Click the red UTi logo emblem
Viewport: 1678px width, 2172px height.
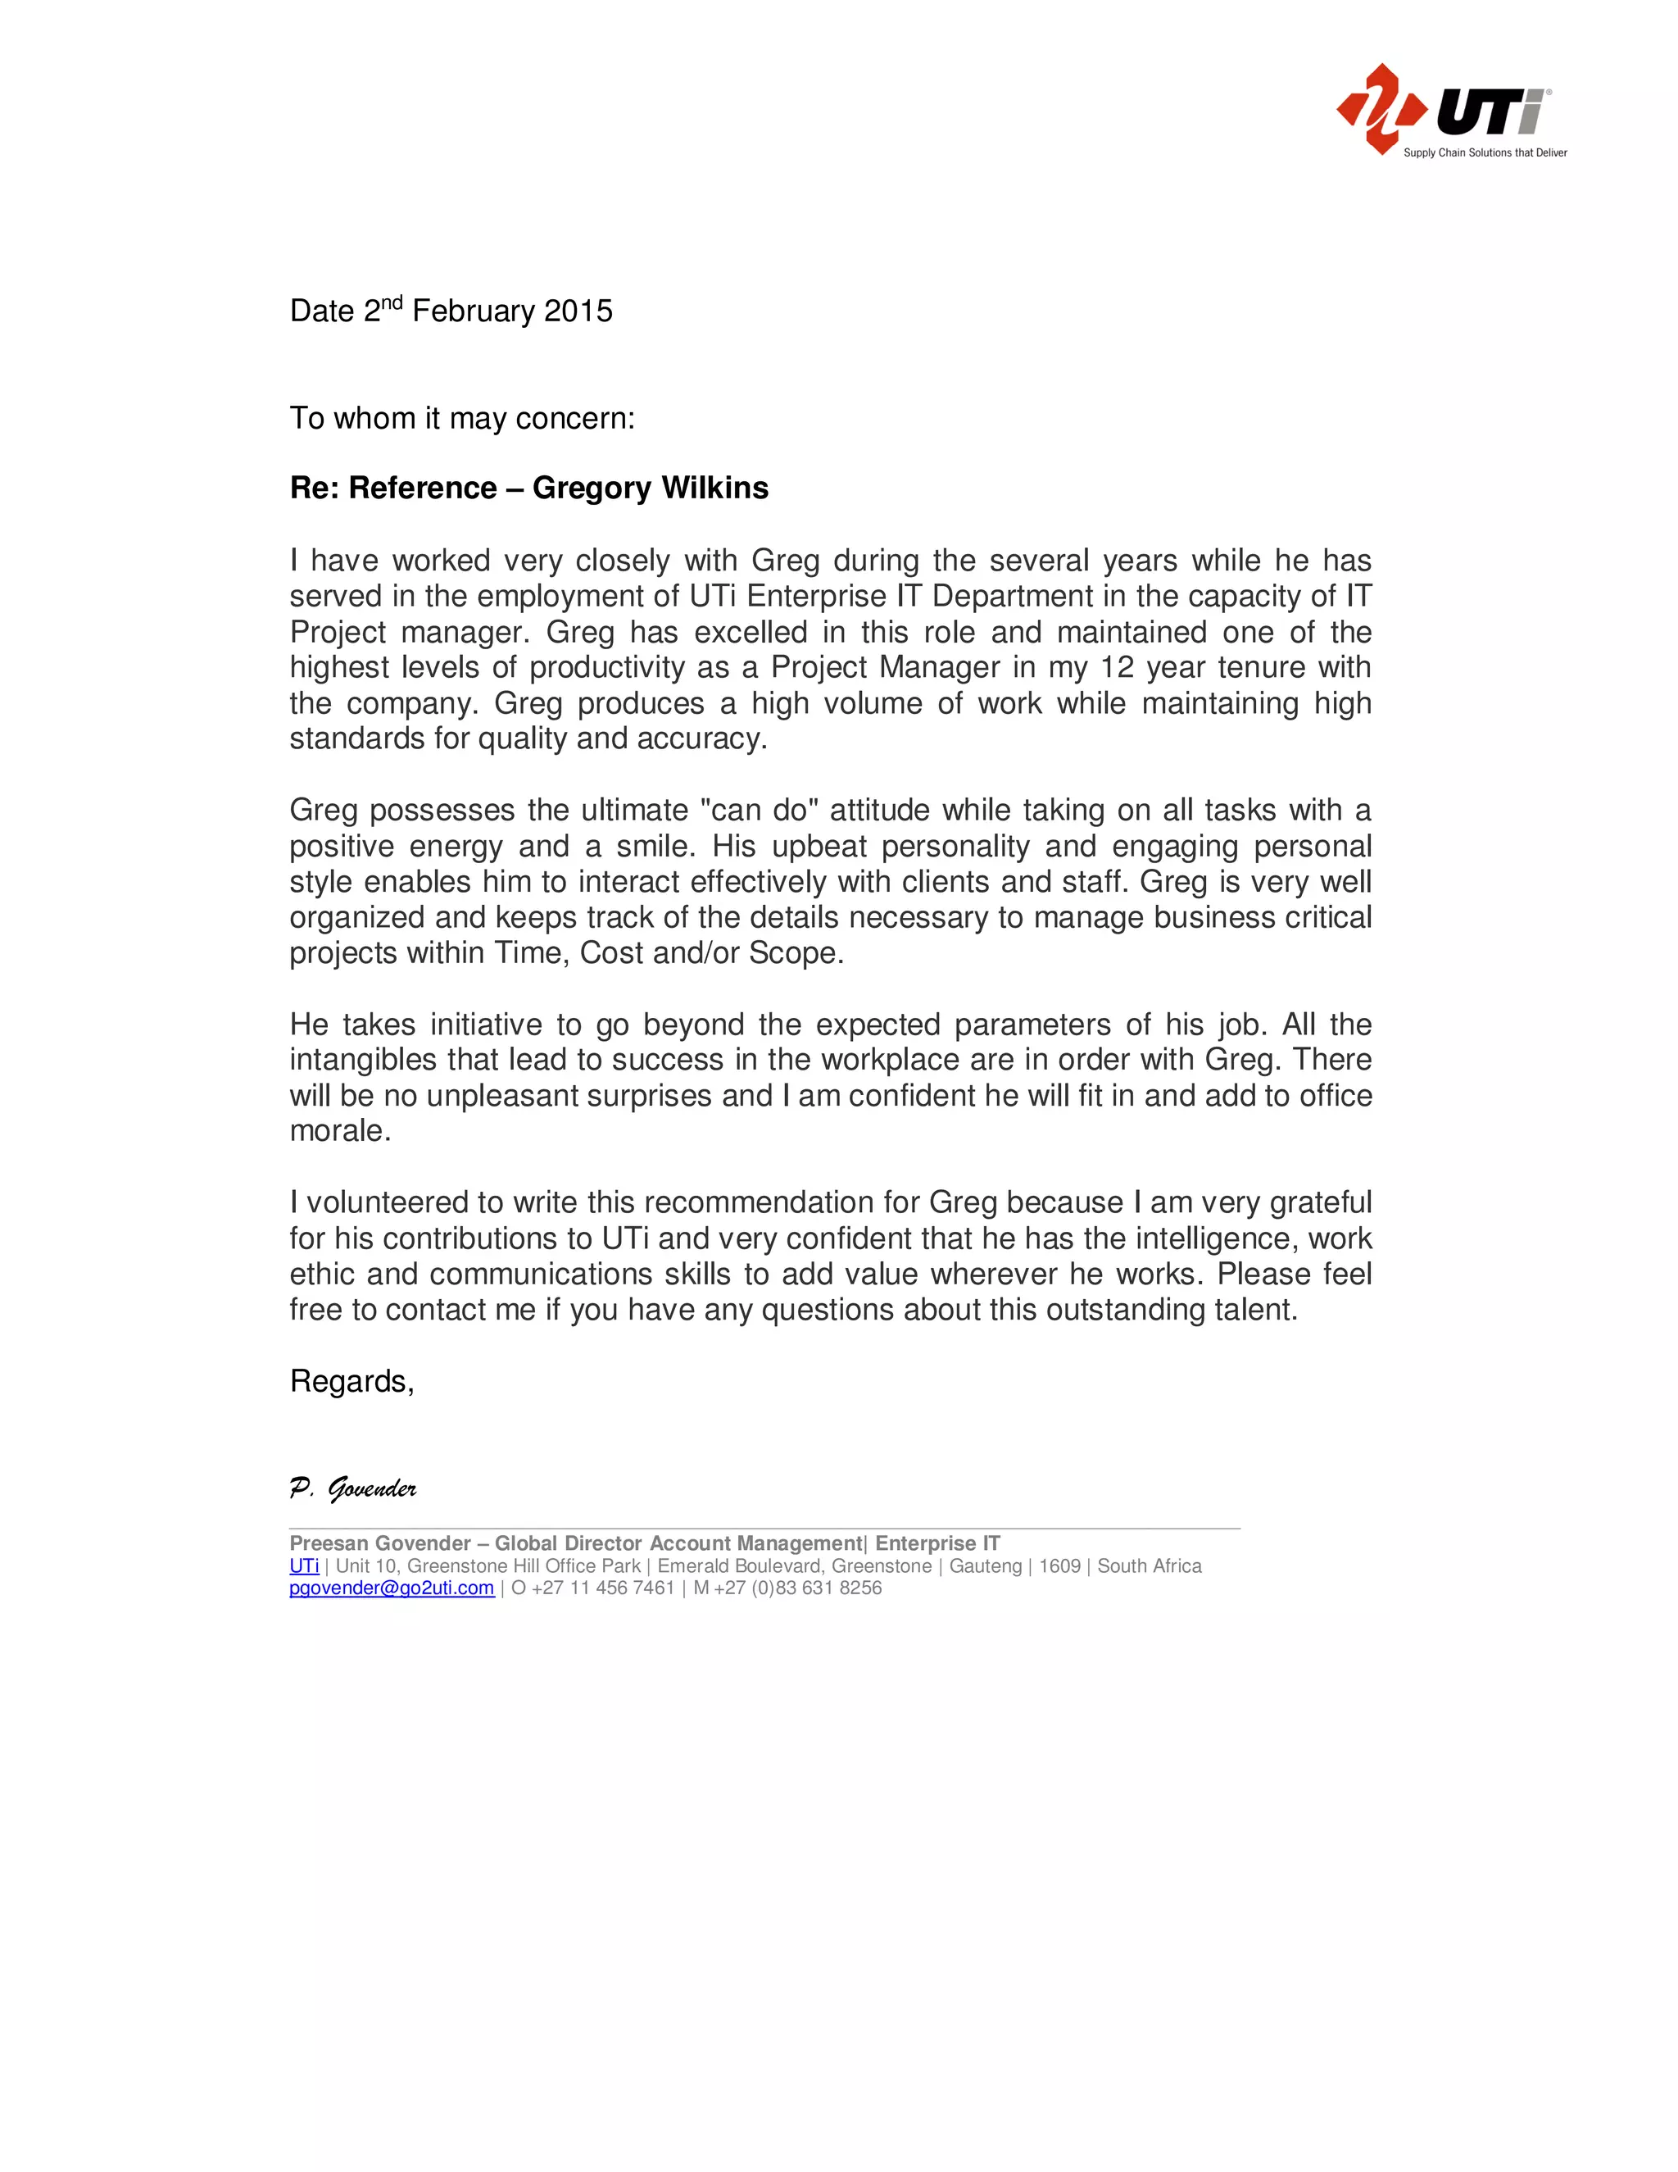coord(1381,109)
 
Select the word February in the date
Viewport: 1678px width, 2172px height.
coord(474,311)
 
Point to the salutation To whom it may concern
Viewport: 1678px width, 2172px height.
coord(461,419)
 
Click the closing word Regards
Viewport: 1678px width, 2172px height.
coord(350,1381)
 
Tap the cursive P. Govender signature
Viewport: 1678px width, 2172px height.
coord(353,1488)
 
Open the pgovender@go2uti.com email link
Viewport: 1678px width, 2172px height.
coord(391,1588)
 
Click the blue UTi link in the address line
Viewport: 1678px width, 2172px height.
coord(303,1566)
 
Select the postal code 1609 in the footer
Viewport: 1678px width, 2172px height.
coord(1059,1566)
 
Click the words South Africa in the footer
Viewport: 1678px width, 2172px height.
coord(1150,1566)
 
